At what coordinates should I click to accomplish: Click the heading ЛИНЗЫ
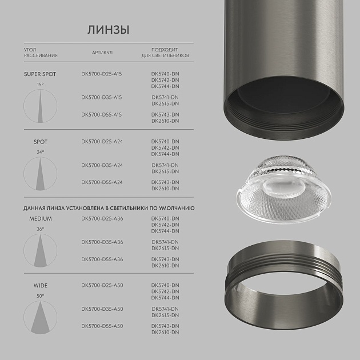108,29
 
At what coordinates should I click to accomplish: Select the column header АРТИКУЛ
102,53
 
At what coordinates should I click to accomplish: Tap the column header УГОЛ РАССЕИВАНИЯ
41,53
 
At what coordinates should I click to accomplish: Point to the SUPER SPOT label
41,74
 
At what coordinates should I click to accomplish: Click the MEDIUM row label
41,219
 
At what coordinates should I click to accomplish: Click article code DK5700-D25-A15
102,74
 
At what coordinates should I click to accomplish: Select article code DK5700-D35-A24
102,165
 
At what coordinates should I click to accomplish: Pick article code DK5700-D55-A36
102,259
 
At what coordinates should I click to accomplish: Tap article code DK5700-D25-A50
102,285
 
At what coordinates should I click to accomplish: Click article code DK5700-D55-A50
102,326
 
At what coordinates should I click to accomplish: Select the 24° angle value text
40,152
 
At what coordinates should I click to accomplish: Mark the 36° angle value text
40,229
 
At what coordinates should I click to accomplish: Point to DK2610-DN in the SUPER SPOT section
165,121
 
